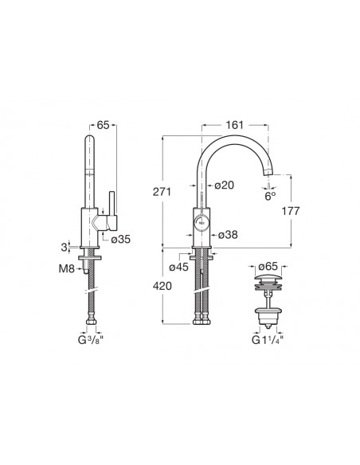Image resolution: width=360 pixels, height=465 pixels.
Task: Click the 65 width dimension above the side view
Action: (x=104, y=125)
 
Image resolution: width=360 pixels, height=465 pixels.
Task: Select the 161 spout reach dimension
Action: (x=235, y=125)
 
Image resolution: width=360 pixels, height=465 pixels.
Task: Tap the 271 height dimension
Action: (x=162, y=192)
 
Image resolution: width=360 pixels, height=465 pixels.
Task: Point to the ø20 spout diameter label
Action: (x=224, y=186)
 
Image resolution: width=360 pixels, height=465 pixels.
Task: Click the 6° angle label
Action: (x=270, y=197)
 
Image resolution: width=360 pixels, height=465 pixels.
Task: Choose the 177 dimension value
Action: (x=291, y=211)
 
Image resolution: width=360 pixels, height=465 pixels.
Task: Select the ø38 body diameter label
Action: (x=228, y=235)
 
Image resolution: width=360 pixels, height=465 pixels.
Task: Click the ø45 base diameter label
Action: (x=179, y=268)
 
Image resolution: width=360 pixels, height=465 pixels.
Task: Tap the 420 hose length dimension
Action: (x=162, y=286)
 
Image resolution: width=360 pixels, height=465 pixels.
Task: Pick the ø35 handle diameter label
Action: (x=121, y=239)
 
